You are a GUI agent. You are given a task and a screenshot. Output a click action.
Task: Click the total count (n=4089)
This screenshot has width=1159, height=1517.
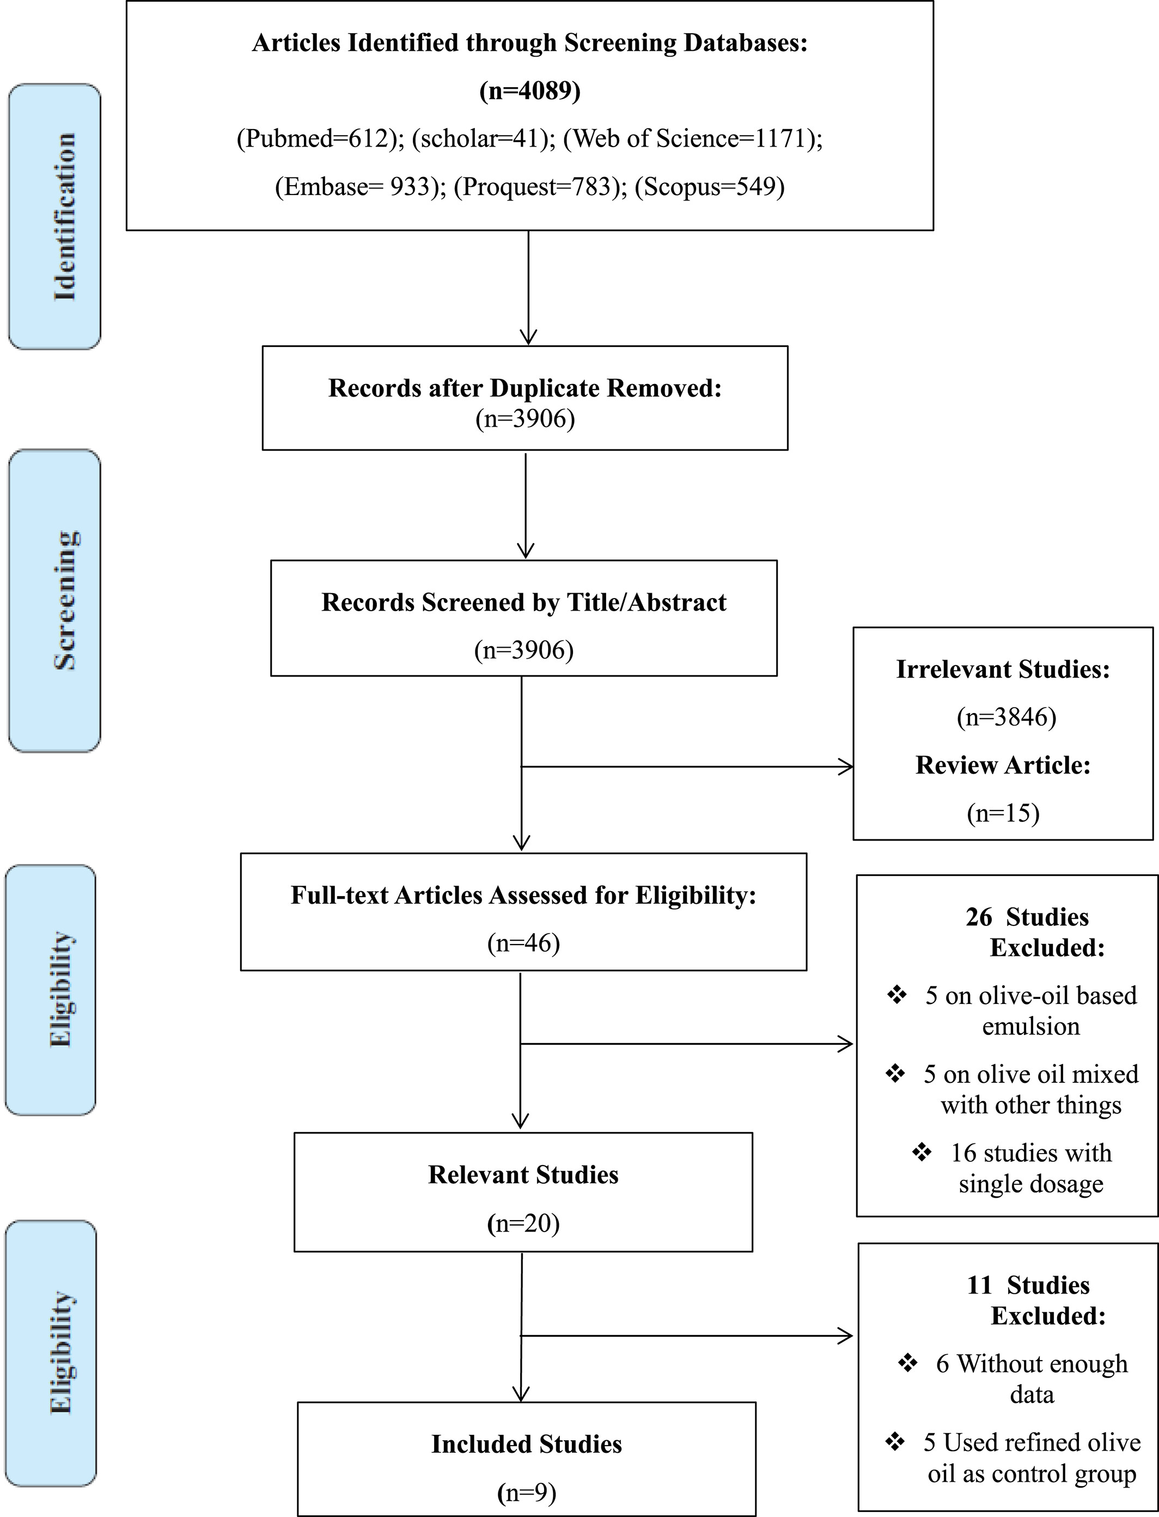point(530,90)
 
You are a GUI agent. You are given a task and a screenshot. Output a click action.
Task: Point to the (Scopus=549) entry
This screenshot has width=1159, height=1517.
point(709,186)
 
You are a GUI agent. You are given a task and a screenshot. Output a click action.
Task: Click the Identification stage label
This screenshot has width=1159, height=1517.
point(64,217)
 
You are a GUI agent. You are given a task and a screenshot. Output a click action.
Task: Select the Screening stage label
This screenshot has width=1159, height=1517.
point(65,600)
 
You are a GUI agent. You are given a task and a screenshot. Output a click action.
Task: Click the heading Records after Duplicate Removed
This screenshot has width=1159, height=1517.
point(525,388)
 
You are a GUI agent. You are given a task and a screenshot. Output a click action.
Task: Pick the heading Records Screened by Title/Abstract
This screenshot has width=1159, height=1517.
point(523,602)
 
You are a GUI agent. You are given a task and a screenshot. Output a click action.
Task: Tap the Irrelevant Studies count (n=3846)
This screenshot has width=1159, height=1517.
point(1006,717)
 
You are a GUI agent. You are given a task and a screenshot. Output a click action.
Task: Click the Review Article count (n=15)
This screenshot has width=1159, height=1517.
point(1003,813)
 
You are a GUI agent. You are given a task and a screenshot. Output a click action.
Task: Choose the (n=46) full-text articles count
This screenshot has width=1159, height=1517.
point(523,942)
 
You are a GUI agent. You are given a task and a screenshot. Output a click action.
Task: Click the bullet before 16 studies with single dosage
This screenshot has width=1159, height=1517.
point(922,1152)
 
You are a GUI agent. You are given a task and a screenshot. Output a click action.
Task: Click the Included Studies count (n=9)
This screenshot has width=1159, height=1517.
point(526,1493)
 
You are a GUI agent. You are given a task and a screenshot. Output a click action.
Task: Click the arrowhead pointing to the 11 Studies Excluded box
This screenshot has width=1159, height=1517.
point(846,1336)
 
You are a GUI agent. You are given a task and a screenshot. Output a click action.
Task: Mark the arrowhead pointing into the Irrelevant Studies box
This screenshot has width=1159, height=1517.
point(846,766)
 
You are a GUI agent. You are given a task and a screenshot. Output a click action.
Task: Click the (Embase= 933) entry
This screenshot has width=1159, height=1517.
point(361,186)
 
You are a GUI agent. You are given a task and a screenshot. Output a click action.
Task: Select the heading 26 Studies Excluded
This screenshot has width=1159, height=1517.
point(1035,932)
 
